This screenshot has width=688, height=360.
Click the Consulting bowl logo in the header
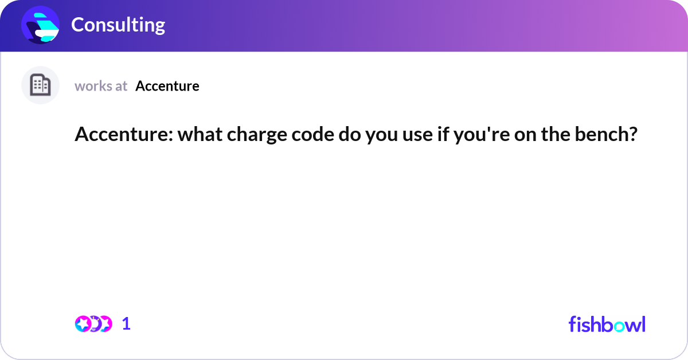click(x=41, y=25)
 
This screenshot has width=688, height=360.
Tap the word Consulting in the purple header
click(x=118, y=25)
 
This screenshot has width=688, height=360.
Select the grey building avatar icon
click(x=40, y=85)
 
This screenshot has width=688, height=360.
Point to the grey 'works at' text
click(x=101, y=86)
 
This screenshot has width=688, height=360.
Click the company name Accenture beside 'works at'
click(x=167, y=86)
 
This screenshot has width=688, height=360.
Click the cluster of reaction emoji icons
click(x=93, y=324)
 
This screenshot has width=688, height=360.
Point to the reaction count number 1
click(x=126, y=324)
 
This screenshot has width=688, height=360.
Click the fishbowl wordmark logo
click(x=607, y=324)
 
